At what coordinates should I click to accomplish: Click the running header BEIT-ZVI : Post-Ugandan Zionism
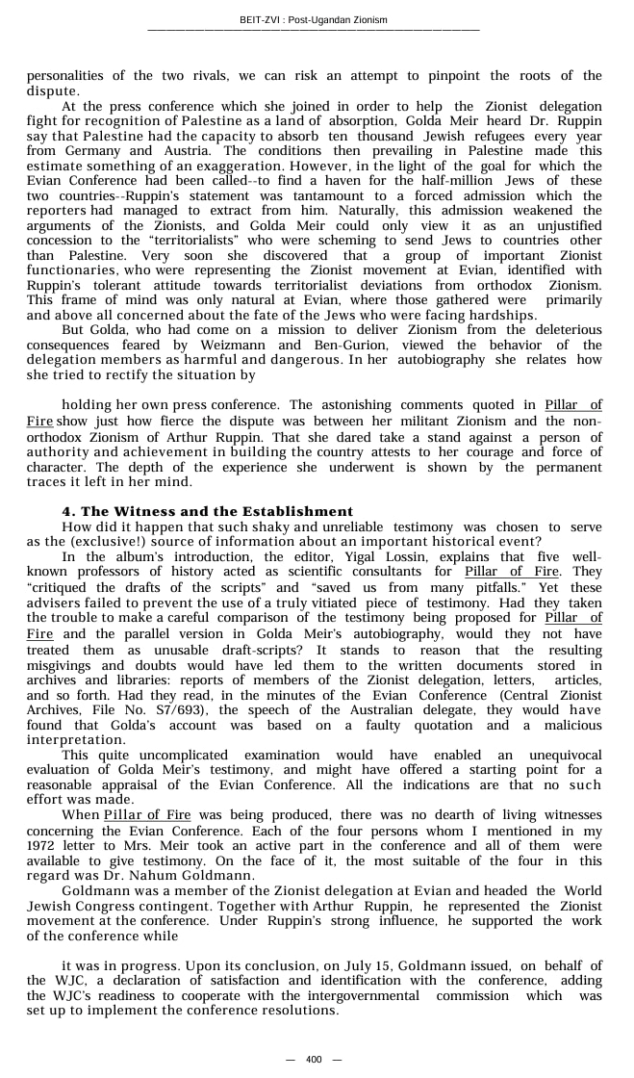pos(314,20)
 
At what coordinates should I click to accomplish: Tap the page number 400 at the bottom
pos(314,1060)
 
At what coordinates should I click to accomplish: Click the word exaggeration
pos(246,166)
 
